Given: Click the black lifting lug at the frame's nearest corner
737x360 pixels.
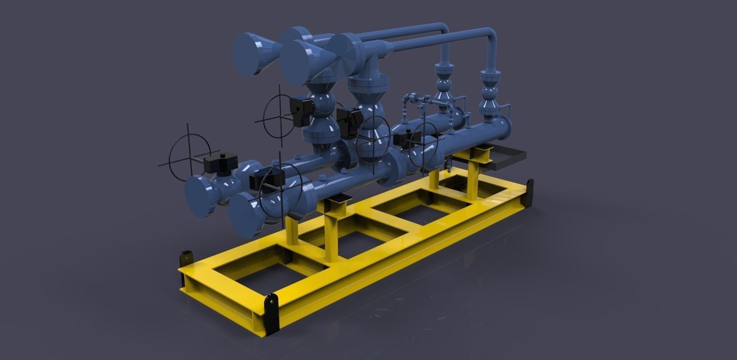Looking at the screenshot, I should click(271, 313).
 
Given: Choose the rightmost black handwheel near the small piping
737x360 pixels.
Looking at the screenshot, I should click(424, 143).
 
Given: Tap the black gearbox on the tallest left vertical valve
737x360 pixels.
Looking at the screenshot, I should click(302, 110).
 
